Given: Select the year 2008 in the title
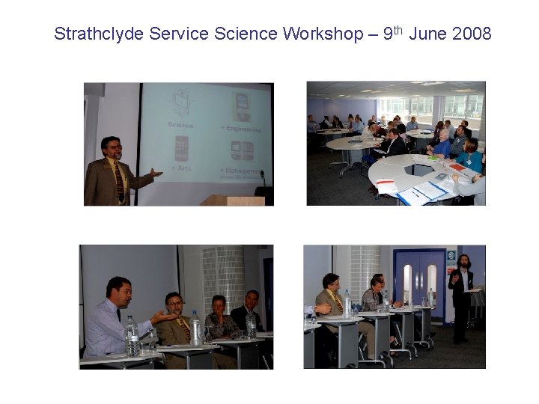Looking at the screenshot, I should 472,34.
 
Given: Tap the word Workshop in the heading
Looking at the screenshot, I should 321,34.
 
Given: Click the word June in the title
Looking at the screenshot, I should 428,34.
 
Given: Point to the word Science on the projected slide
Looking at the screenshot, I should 180,126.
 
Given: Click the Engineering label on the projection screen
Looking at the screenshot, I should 241,129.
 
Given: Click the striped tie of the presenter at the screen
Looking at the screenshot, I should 119,180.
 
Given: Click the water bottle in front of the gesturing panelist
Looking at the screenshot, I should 132,336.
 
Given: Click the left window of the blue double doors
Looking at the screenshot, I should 408,281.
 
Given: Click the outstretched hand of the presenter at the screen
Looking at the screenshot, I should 155,173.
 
